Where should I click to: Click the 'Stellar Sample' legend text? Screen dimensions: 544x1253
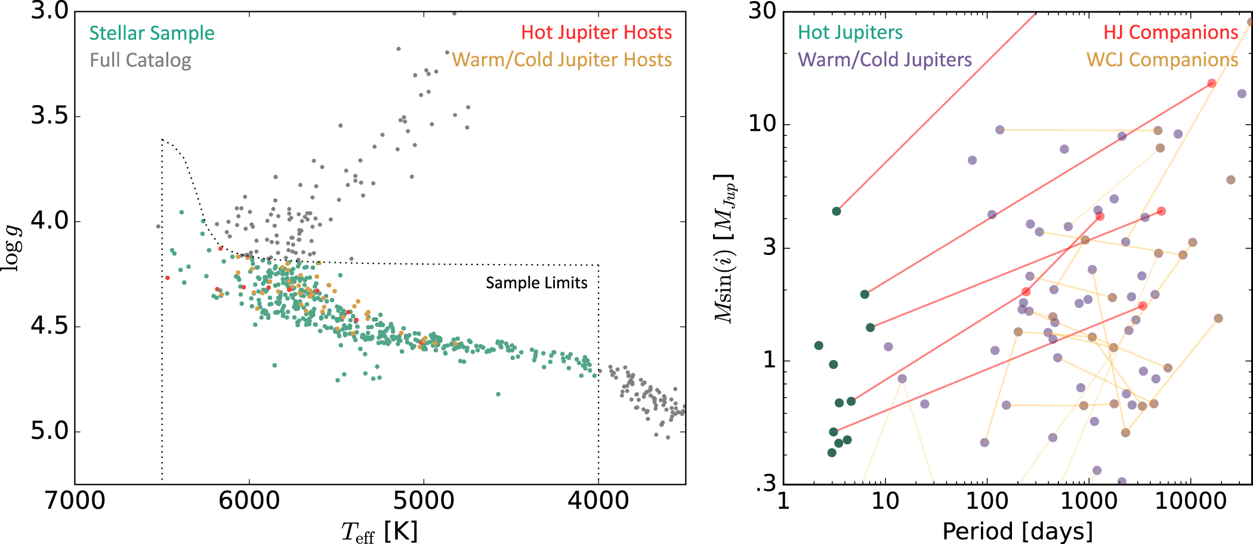pyautogui.click(x=152, y=33)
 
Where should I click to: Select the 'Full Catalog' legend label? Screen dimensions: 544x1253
pyautogui.click(x=140, y=60)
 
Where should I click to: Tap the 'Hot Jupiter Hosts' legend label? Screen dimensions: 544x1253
pyautogui.click(x=596, y=32)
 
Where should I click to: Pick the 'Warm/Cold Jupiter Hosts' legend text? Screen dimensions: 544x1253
pyautogui.click(x=561, y=60)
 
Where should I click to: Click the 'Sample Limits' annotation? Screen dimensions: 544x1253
pyautogui.click(x=536, y=282)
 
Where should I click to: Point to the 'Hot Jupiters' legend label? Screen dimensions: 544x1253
pyautogui.click(x=850, y=32)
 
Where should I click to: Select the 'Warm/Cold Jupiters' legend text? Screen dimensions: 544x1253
pyautogui.click(x=885, y=60)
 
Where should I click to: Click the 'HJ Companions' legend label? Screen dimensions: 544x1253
pyautogui.click(x=1171, y=32)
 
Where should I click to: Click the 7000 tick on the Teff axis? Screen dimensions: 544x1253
pyautogui.click(x=75, y=500)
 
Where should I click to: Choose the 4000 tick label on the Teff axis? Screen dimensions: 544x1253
pyautogui.click(x=598, y=500)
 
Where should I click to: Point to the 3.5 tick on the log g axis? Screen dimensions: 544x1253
pyautogui.click(x=50, y=116)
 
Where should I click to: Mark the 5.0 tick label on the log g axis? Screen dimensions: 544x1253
pyautogui.click(x=50, y=431)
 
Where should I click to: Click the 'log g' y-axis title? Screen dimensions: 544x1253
pyautogui.click(x=12, y=248)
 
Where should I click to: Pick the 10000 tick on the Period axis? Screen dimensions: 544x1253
pyautogui.click(x=1191, y=500)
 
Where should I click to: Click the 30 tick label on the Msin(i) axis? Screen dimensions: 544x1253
pyautogui.click(x=762, y=11)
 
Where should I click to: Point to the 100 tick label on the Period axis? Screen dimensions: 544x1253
pyautogui.click(x=987, y=500)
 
